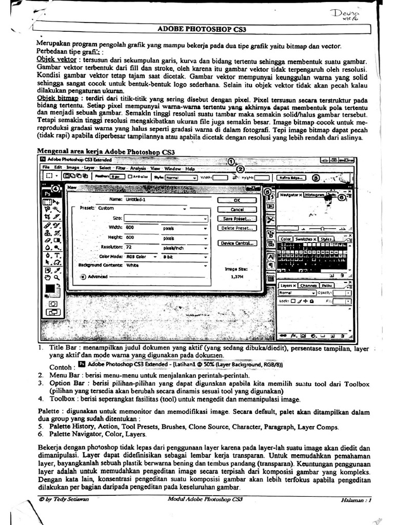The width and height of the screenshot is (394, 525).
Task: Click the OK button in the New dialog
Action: tap(237, 200)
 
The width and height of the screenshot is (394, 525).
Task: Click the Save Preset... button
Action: tap(237, 218)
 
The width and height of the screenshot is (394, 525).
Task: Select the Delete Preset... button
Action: tap(237, 228)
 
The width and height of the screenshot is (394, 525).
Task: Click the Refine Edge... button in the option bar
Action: tap(290, 178)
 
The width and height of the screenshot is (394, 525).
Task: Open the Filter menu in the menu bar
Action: tap(121, 168)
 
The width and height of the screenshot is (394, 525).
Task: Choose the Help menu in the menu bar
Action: tap(190, 168)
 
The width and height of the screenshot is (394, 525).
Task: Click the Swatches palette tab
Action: tap(306, 239)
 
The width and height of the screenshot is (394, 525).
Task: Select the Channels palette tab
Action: tap(308, 285)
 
